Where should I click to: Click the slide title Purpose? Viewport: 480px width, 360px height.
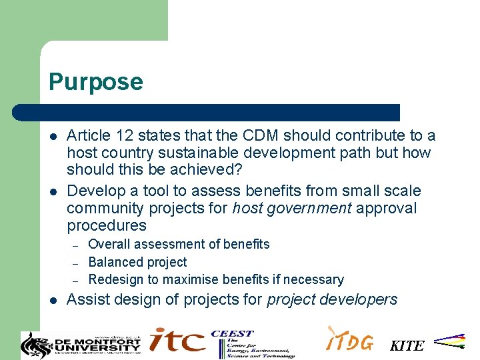point(95,82)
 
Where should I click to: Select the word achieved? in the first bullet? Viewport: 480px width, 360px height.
point(201,170)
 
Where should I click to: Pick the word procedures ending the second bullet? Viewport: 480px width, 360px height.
point(106,225)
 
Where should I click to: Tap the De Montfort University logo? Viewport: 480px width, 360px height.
point(81,343)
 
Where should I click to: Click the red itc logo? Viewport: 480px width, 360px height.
point(177,341)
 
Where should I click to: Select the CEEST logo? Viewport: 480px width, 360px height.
point(253,343)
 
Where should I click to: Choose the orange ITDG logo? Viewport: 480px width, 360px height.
point(349,340)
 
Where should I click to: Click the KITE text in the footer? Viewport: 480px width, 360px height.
point(407,345)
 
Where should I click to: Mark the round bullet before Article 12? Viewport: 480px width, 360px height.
point(53,136)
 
